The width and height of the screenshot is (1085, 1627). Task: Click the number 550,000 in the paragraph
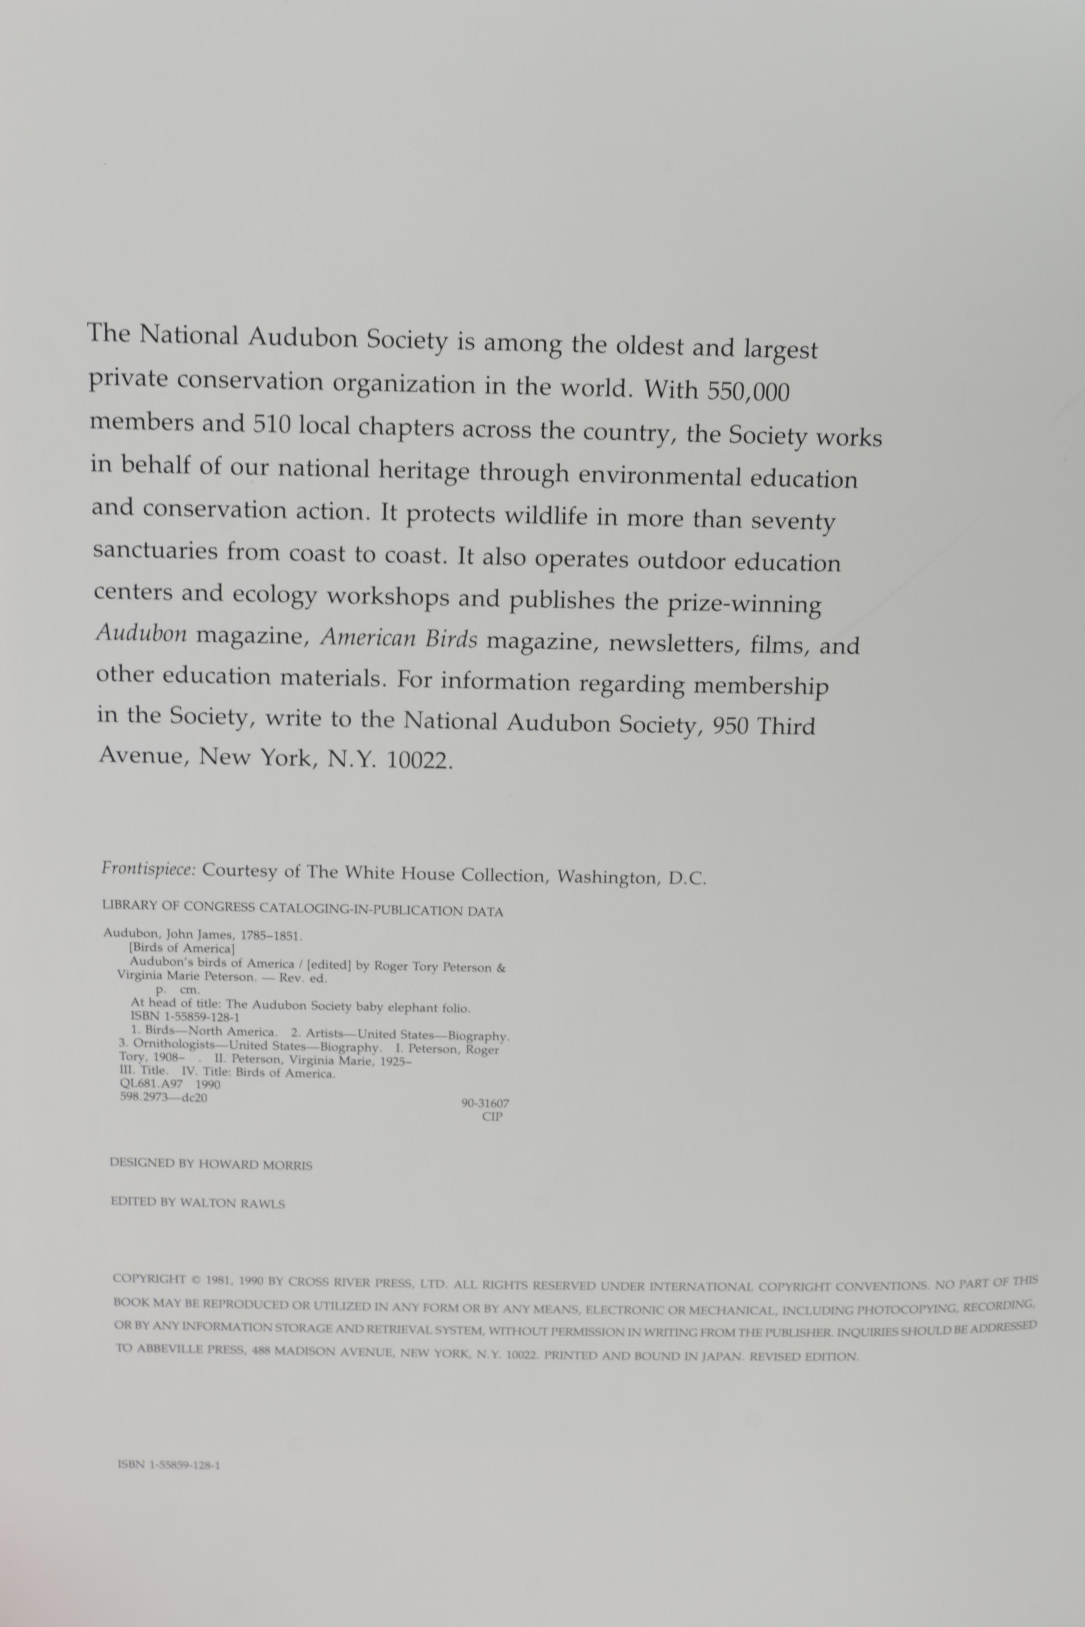(747, 392)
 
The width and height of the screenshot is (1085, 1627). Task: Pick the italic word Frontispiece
(148, 869)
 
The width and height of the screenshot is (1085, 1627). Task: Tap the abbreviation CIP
(493, 1116)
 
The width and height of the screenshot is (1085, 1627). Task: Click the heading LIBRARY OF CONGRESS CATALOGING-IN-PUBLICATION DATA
(302, 908)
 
